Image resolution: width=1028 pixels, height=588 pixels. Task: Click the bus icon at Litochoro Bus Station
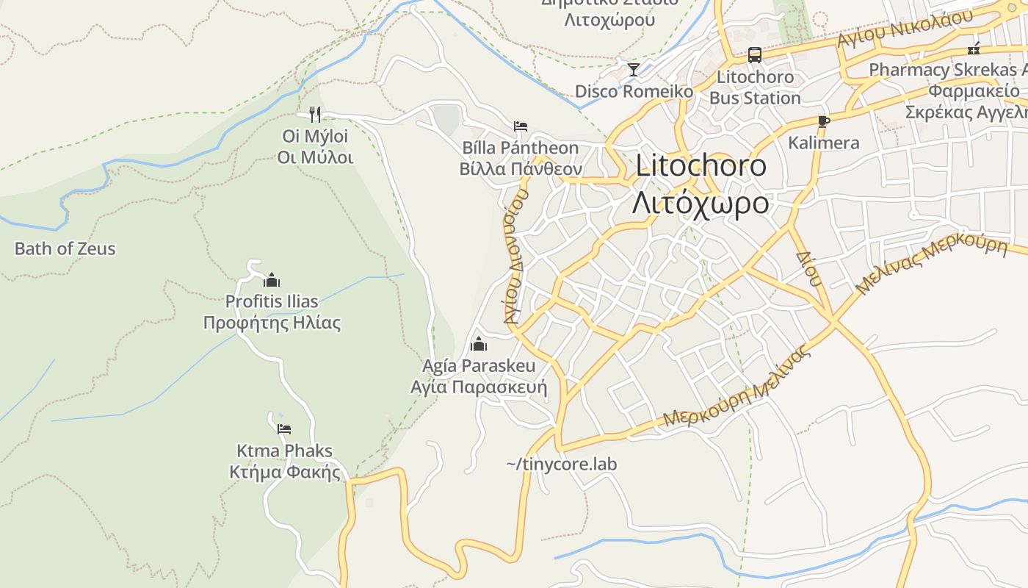coord(754,54)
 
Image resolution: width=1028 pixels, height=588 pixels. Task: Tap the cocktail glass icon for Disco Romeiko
coord(634,70)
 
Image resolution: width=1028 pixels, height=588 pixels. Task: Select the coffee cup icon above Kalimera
coord(823,121)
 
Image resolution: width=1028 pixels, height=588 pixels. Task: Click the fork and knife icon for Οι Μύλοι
coord(315,114)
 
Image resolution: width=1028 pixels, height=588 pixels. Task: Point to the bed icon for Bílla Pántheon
coord(521,126)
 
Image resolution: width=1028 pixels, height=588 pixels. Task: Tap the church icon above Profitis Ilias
coord(272,280)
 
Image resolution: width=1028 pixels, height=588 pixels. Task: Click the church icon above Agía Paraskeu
coord(479,343)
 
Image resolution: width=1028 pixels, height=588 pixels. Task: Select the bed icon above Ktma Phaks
coord(284,429)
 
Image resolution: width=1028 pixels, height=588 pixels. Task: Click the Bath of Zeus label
coord(65,248)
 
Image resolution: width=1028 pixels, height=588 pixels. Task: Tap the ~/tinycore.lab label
coord(562,464)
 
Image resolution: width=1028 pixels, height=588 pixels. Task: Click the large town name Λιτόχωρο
coord(701,202)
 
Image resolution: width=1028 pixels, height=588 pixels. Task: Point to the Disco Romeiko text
coord(634,92)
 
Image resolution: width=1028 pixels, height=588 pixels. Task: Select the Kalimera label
coord(823,143)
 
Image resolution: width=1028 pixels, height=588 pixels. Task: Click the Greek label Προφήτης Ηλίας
coord(272,323)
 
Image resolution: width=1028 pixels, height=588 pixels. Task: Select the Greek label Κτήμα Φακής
coord(285,472)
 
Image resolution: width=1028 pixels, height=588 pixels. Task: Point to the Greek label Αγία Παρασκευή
coord(479,387)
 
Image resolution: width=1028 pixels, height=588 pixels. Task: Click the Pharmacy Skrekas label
coord(947,70)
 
